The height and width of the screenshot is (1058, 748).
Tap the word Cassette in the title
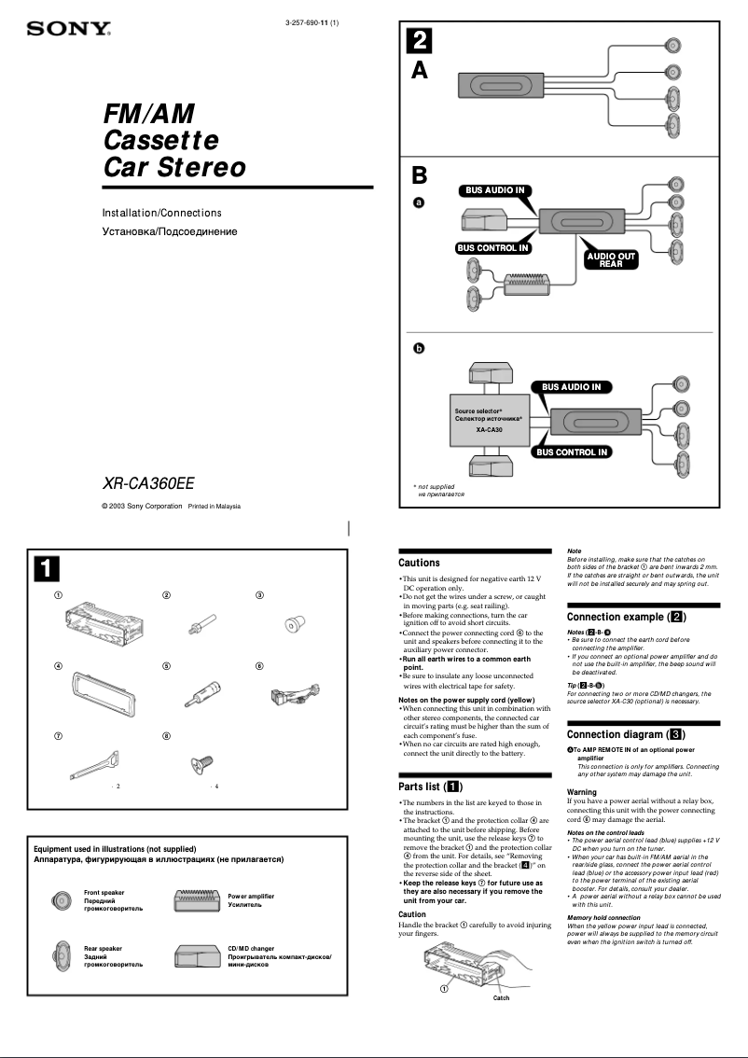[x=160, y=141]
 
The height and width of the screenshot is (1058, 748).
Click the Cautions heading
[x=419, y=563]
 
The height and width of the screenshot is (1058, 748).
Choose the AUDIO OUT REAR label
[x=611, y=259]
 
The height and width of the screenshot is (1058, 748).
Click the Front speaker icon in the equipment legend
[x=62, y=900]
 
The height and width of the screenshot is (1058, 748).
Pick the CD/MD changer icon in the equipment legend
[x=197, y=955]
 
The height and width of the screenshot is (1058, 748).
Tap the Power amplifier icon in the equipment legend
[x=197, y=900]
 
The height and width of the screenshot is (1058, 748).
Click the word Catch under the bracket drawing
[x=501, y=998]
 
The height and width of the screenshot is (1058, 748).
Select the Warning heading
[x=582, y=792]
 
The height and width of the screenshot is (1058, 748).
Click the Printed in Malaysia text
[x=215, y=507]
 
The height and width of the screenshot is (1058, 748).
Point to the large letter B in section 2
[x=420, y=175]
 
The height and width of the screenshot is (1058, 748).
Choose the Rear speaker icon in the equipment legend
[x=62, y=955]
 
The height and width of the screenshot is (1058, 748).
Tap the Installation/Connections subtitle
[x=161, y=213]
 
